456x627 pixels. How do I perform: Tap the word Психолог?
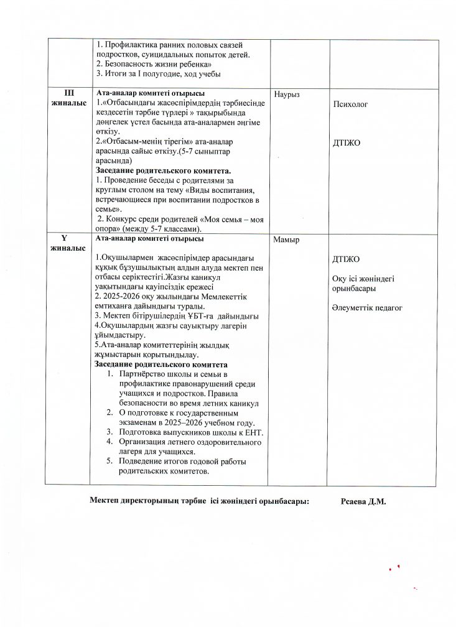tap(350, 104)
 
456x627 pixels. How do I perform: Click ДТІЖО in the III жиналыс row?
tap(347, 142)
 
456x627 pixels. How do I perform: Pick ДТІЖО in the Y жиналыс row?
tap(346, 259)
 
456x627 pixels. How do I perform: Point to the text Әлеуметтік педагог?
tap(368, 307)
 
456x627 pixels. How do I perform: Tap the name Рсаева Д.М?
tap(364, 502)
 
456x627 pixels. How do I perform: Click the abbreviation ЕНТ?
tap(255, 432)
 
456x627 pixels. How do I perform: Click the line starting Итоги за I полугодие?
tap(159, 74)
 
